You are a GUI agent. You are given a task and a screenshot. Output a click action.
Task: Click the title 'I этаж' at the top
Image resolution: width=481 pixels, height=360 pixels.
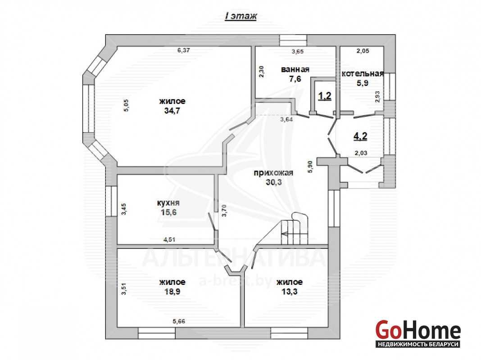coord(241,16)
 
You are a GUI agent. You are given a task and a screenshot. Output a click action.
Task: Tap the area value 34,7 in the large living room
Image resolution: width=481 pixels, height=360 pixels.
coord(172,111)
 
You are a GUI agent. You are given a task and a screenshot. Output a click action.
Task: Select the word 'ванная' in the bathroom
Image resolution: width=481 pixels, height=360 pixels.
coord(295,70)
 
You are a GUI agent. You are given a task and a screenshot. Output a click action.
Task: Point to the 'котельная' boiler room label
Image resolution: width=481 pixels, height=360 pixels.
coord(363,73)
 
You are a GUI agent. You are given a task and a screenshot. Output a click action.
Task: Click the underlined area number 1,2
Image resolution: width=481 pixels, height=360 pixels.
coord(325,96)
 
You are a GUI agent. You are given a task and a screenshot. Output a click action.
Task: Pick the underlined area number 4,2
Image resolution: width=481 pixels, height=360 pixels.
coord(360,136)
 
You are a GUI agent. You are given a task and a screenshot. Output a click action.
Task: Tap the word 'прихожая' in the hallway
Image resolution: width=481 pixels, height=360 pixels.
coord(273,173)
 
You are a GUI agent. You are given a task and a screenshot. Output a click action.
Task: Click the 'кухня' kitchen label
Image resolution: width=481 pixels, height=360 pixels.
coord(168,203)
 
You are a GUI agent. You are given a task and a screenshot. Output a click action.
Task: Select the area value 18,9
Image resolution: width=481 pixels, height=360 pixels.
coord(172,291)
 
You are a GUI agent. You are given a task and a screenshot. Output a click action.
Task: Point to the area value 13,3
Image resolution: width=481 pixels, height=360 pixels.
coord(289,291)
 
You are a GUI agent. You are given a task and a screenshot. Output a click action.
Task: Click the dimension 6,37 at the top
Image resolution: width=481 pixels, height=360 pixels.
coord(183,50)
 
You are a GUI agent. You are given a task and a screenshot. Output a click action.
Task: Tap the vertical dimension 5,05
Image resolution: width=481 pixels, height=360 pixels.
coord(127,105)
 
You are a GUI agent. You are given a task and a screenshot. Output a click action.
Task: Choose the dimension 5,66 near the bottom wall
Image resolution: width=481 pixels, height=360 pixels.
coord(179,321)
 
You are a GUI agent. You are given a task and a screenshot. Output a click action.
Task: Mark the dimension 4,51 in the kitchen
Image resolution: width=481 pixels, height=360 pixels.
coord(169,239)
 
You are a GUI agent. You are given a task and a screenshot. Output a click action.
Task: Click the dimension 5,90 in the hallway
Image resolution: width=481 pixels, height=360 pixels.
coord(310,167)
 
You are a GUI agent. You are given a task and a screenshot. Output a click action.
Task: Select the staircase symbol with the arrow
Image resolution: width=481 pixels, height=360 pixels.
coord(295,229)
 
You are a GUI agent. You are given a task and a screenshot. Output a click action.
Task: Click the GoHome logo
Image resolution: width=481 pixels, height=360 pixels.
coord(418,333)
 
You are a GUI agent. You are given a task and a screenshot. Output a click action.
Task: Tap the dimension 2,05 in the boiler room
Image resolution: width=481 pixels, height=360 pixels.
coord(363,51)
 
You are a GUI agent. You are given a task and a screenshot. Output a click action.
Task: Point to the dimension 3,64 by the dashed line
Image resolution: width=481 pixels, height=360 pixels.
coord(286,120)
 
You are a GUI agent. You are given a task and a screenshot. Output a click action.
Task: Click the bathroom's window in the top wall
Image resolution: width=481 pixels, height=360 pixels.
coord(293,40)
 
